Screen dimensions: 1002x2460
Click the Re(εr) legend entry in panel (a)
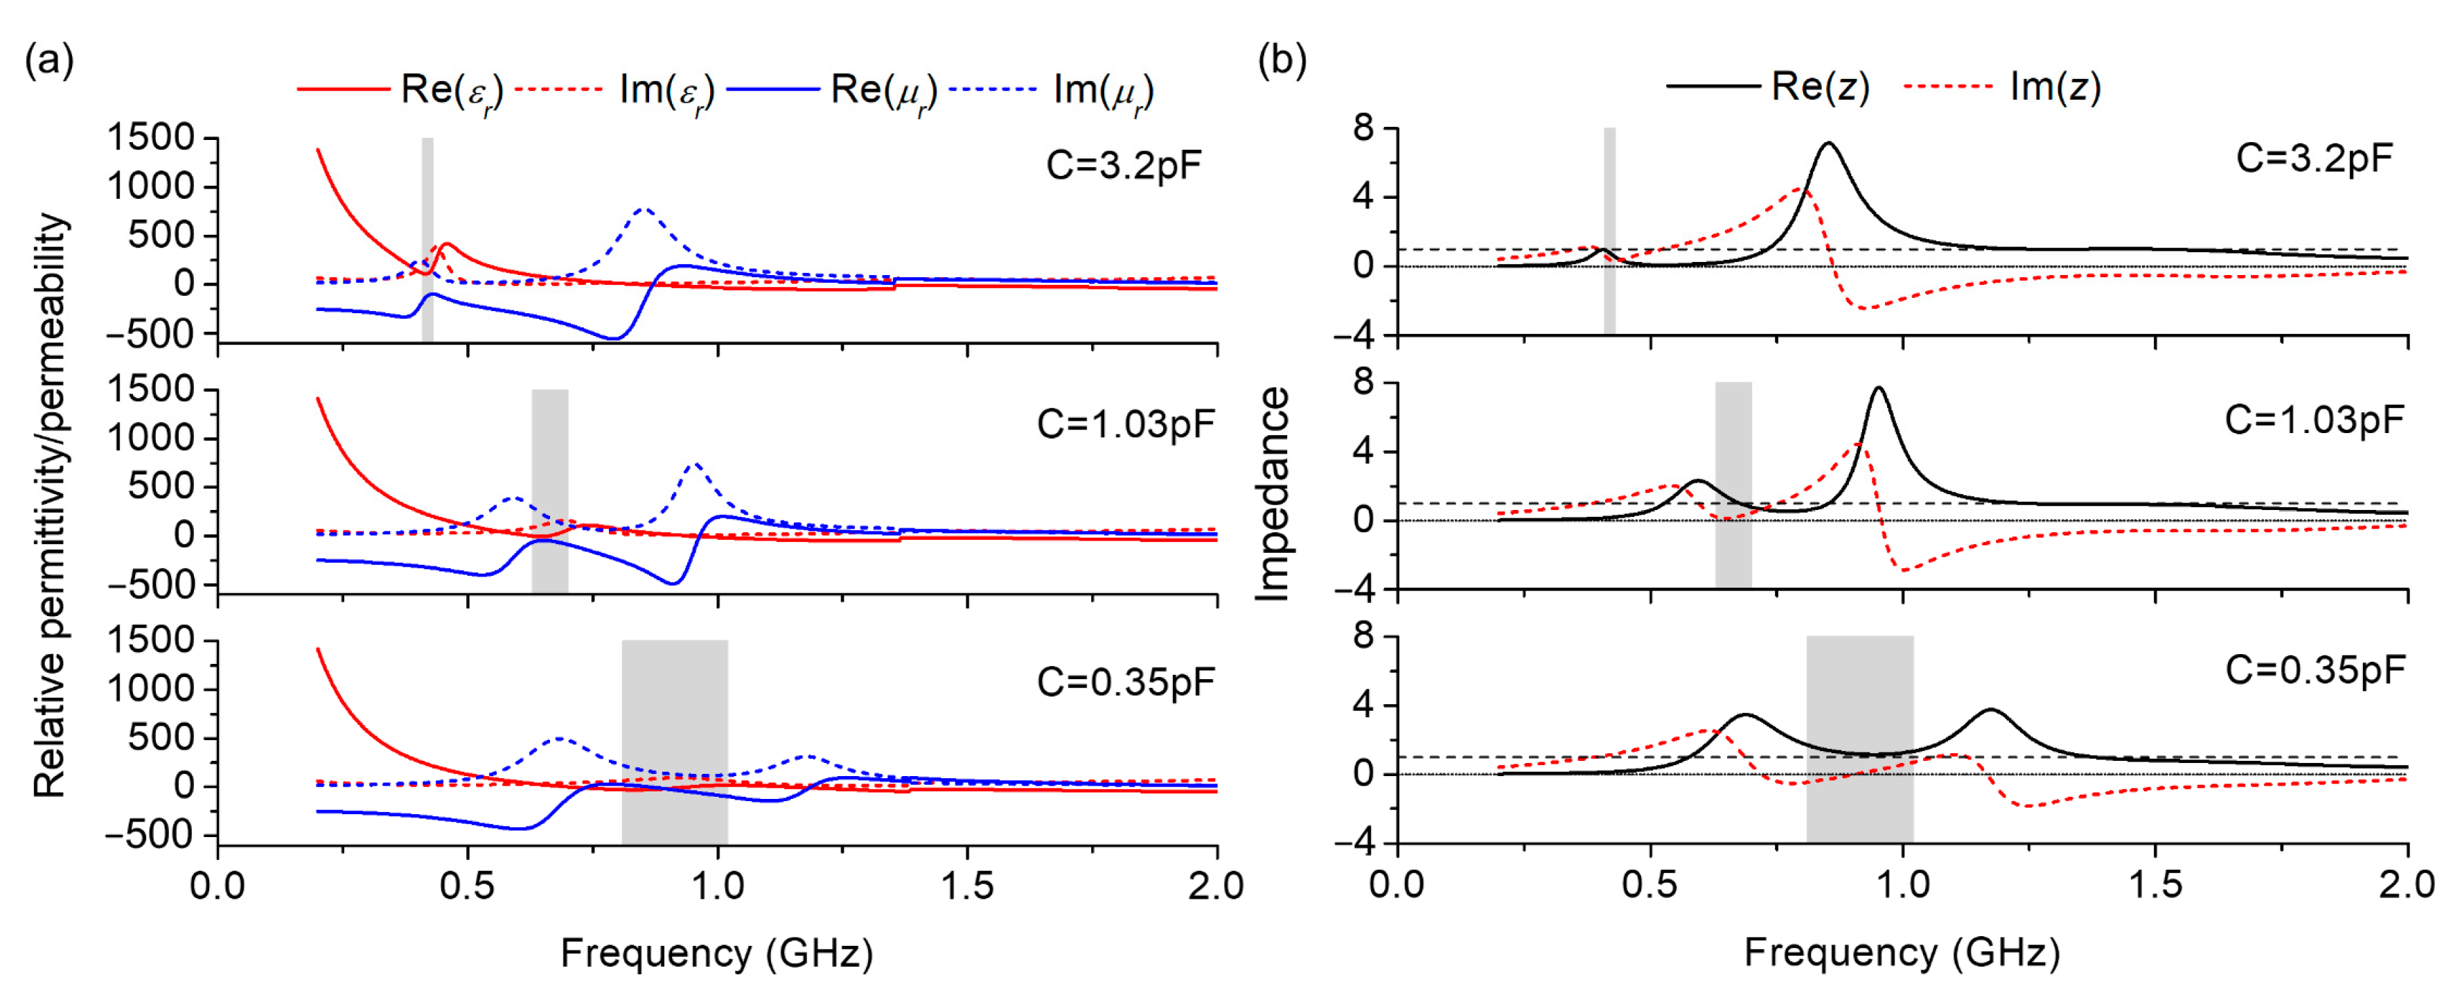click(x=401, y=91)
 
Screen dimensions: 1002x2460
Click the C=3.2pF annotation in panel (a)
click(x=1123, y=165)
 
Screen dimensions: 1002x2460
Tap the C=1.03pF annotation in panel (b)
click(x=2314, y=419)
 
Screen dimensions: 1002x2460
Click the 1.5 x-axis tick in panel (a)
click(x=966, y=886)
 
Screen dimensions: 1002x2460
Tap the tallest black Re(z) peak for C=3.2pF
click(x=1829, y=144)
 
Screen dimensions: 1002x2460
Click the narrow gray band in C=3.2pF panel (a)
click(x=427, y=239)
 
